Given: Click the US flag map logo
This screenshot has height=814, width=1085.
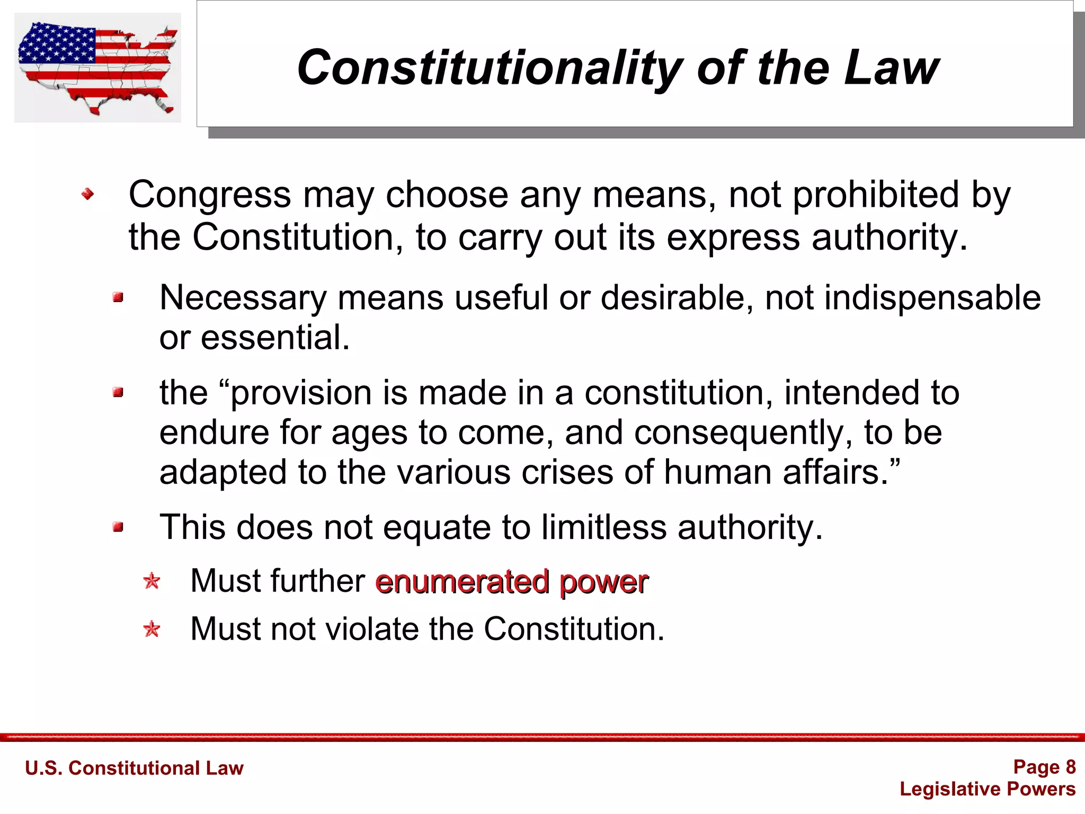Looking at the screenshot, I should tap(97, 67).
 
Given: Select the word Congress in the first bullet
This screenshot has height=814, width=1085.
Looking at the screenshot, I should tap(210, 195).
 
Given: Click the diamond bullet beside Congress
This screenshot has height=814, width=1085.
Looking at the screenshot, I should tap(87, 194).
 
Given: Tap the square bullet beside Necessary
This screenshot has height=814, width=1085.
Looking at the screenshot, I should tap(118, 298).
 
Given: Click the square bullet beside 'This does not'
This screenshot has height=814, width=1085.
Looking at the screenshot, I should tap(118, 527).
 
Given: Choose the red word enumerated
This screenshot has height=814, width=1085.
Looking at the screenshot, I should tap(462, 581).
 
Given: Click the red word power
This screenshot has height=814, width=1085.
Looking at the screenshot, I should tap(603, 582).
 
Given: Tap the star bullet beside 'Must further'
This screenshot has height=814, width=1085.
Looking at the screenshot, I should tap(152, 581).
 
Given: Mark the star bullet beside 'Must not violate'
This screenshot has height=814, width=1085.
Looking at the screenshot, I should tap(152, 629).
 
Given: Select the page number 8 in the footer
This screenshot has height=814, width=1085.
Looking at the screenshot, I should tap(1070, 767).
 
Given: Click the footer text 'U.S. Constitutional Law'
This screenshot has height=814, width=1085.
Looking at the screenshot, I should tap(134, 768).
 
